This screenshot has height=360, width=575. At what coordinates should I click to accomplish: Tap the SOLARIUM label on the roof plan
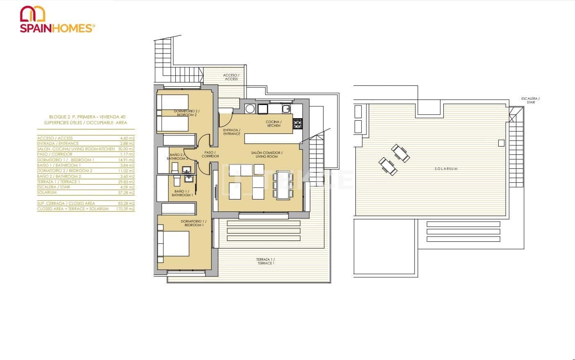click(446, 169)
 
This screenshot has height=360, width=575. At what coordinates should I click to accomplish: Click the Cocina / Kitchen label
click(273, 124)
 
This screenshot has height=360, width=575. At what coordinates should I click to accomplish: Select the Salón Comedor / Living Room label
click(267, 154)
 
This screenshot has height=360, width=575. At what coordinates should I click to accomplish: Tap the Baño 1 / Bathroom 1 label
click(183, 193)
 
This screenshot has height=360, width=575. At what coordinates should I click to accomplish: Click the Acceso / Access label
click(231, 77)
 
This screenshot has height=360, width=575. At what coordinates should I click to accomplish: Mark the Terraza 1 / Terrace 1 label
click(266, 261)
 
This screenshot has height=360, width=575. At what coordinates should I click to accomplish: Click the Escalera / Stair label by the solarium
click(530, 100)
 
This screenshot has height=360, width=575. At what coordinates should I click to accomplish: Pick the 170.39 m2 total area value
click(126, 209)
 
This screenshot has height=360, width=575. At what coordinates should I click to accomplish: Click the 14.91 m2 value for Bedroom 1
click(127, 160)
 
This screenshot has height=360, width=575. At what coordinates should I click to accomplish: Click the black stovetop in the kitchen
click(298, 124)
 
